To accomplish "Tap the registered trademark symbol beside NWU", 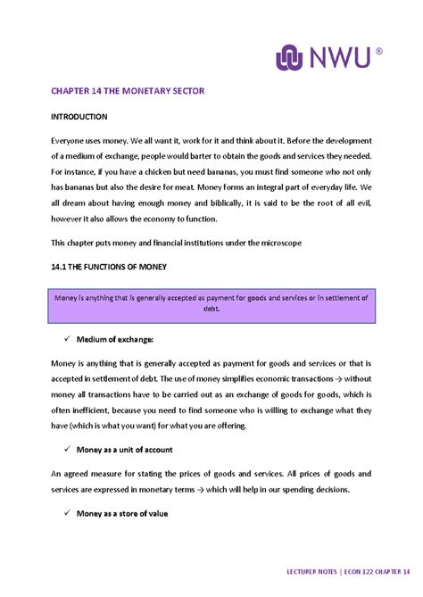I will [x=378, y=52].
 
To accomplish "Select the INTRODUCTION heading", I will [x=79, y=117].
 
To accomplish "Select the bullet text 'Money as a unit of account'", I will [x=125, y=450].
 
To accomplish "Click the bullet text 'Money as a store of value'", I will [x=122, y=514].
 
